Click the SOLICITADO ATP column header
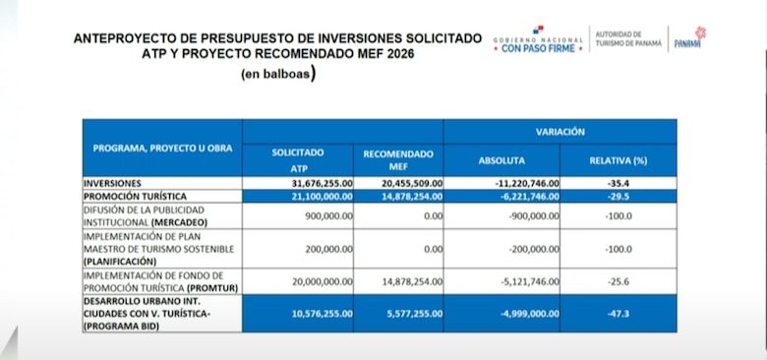click(298, 160)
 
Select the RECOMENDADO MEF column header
click(398, 160)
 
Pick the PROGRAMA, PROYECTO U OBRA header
click(162, 148)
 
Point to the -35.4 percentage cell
click(619, 184)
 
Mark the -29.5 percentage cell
click(619, 197)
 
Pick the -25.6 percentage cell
click(619, 281)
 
